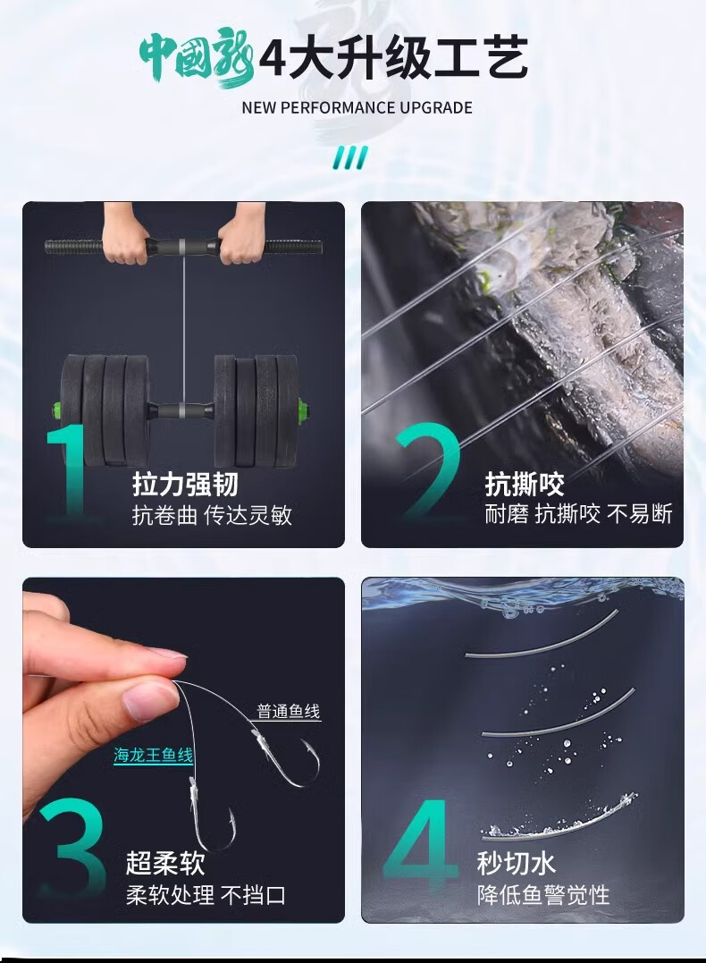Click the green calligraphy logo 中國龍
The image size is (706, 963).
[197, 59]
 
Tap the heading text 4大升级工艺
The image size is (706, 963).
[393, 58]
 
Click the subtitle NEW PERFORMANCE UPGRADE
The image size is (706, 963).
[357, 108]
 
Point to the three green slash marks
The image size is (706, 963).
[350, 157]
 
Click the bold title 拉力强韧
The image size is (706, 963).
[185, 484]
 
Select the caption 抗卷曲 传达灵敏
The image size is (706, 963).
[212, 515]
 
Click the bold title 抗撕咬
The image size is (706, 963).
[525, 484]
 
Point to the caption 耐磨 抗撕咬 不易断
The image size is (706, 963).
[578, 513]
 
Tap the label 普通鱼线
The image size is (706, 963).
[289, 711]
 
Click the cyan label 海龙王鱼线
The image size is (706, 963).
[154, 755]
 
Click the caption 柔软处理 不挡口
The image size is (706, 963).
[206, 895]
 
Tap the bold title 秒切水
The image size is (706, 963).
[517, 863]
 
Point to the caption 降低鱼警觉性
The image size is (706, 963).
[543, 895]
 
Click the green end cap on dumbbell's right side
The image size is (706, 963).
[303, 409]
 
